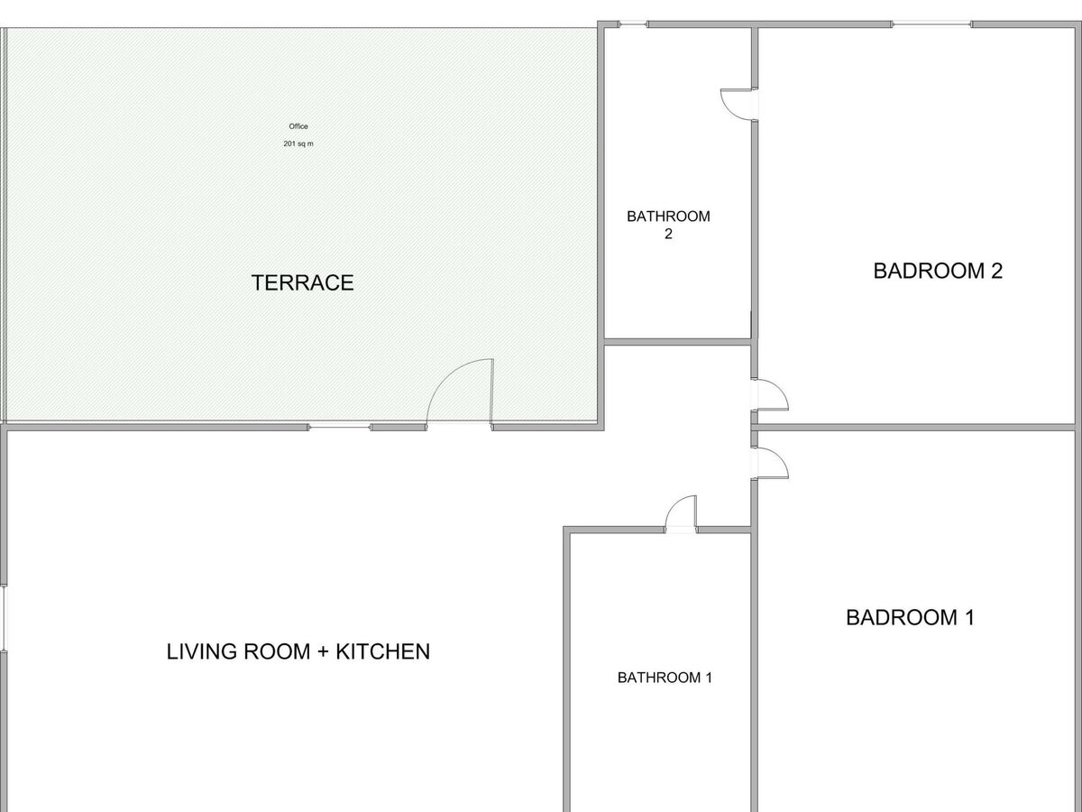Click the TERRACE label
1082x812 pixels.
point(302,283)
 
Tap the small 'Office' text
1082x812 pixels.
point(298,126)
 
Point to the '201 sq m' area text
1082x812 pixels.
point(298,144)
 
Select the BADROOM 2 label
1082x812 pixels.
point(938,272)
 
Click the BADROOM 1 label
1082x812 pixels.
point(910,618)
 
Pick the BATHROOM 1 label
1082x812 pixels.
point(665,678)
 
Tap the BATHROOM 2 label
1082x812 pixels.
point(668,225)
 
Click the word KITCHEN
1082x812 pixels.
point(383,651)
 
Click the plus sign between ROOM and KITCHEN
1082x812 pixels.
point(323,652)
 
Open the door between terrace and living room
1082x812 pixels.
point(460,392)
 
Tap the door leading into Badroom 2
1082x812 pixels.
point(769,394)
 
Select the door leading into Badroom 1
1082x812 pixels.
point(769,463)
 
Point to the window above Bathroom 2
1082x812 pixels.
point(633,24)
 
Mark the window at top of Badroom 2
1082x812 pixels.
point(931,24)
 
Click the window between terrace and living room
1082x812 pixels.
point(339,427)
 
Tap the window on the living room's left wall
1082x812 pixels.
point(4,618)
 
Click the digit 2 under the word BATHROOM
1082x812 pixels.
point(668,234)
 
